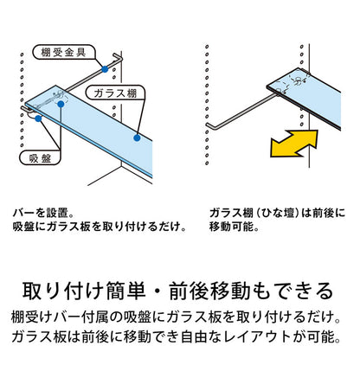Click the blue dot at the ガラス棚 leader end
click(138, 136)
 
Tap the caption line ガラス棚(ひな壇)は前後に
click(277, 211)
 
